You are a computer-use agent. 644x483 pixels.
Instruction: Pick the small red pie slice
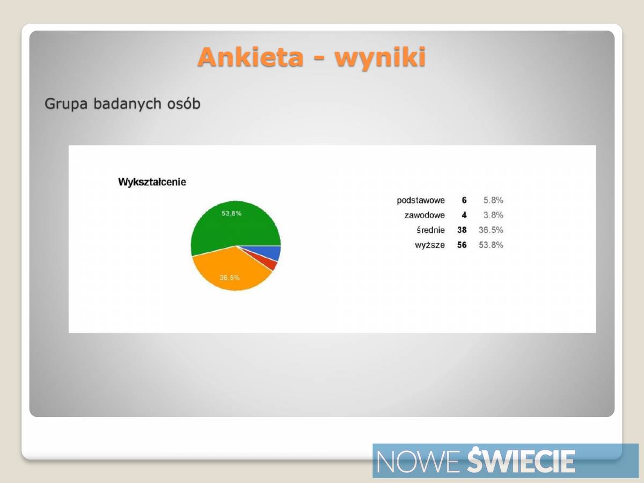pos(270,264)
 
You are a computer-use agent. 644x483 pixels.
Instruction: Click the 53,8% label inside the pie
pos(231,213)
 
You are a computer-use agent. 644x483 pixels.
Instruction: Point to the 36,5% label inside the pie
pos(230,277)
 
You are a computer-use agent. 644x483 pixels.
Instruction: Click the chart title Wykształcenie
pos(152,182)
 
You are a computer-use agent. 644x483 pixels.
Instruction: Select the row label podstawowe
pos(421,200)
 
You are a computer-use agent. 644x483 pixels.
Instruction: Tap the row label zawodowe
pos(425,215)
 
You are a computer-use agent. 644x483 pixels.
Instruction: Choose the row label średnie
pos(430,230)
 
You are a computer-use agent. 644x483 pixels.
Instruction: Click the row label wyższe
pos(430,245)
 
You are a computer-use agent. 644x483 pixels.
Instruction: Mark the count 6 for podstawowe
pos(464,200)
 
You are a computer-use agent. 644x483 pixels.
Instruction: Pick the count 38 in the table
pos(462,230)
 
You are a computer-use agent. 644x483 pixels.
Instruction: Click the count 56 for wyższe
pos(462,245)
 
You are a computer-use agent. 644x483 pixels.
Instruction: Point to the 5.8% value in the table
pos(493,200)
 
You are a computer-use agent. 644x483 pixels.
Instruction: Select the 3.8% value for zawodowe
pos(493,215)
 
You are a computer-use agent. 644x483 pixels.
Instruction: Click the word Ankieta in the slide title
pos(250,57)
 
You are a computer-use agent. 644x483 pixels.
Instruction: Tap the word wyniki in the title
pos(380,57)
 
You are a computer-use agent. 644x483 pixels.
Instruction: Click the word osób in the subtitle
pos(184,104)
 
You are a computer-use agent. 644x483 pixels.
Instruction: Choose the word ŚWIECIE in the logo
pos(521,460)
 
